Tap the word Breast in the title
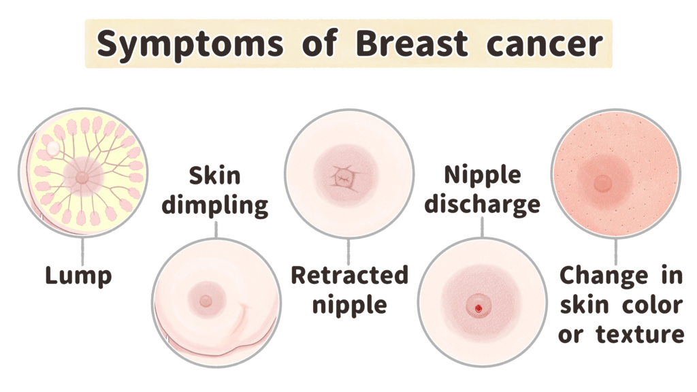coord(412,43)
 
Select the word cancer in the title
coord(545,45)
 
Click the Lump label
coord(78,276)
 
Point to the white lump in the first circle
coord(53,148)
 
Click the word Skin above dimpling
coord(214,176)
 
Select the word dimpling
coord(215,206)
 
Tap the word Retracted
coord(349,276)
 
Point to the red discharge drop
coord(479,308)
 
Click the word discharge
coord(483,204)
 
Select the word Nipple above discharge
coord(483,176)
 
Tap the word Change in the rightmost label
coord(604,276)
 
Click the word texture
coord(640,334)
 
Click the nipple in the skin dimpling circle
coord(206,301)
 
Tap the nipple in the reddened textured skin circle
coord(603,183)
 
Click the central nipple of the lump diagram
coord(82,178)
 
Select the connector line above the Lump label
coord(82,251)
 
